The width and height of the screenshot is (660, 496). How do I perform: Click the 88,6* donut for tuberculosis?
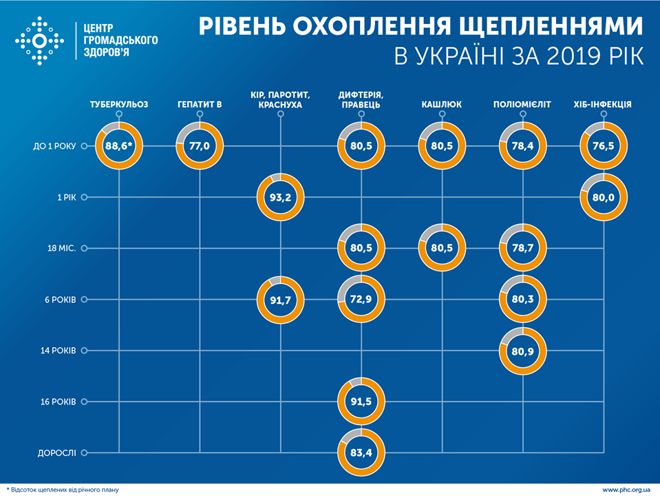[120, 146]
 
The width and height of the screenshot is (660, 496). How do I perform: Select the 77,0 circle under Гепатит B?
[200, 146]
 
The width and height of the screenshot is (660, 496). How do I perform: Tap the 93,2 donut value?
[280, 197]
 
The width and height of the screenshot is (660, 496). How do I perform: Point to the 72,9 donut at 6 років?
[361, 299]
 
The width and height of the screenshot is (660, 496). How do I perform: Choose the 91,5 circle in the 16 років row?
[361, 402]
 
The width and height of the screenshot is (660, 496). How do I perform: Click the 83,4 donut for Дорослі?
[361, 452]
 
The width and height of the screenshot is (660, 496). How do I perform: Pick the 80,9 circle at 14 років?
[522, 351]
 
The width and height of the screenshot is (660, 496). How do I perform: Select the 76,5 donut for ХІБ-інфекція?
[604, 146]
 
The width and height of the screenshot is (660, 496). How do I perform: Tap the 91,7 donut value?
[280, 299]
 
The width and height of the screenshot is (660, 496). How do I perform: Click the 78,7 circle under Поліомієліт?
[522, 248]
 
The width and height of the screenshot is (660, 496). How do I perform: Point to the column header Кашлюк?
[441, 105]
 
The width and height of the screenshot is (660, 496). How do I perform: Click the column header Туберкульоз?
[120, 105]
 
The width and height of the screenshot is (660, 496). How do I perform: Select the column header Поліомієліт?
[522, 105]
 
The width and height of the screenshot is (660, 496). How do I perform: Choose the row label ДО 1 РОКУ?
[50, 146]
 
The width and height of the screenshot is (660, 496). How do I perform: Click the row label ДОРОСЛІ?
[56, 453]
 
